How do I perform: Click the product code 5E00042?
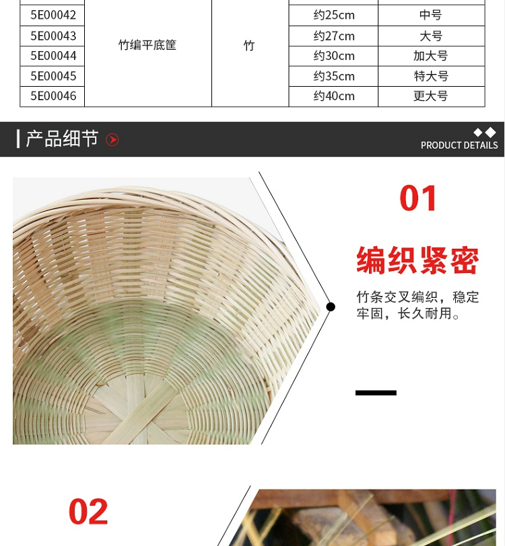tap(53, 15)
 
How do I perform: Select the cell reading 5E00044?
tap(53, 56)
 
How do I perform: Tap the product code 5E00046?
tap(53, 96)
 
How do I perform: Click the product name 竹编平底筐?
tap(147, 45)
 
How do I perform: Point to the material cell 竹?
tap(249, 45)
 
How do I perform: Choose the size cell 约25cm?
tap(334, 15)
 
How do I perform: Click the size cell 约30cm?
tap(334, 56)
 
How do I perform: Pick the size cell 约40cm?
tap(334, 96)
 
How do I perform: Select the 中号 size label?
tap(431, 15)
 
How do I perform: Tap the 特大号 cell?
tap(431, 76)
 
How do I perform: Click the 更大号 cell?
tap(431, 96)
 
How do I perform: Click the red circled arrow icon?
tap(112, 140)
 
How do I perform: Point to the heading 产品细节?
tap(62, 139)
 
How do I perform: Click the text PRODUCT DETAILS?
tap(459, 145)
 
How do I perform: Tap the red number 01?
tap(418, 198)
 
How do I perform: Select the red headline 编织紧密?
tap(417, 260)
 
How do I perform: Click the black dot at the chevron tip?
tap(331, 307)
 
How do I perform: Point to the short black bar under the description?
tap(376, 393)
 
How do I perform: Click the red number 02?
tap(88, 512)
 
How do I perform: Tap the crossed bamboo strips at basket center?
tap(139, 414)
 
